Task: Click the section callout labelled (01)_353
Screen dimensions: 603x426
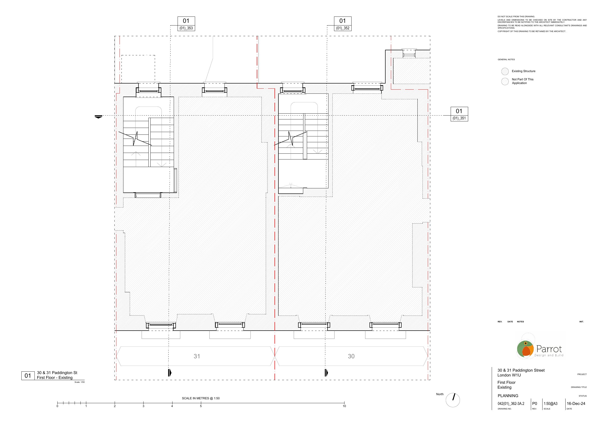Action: (x=186, y=24)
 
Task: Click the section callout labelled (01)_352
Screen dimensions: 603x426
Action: (x=343, y=24)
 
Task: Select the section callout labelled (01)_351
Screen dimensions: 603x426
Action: (x=459, y=114)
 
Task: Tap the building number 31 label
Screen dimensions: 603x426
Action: (x=197, y=356)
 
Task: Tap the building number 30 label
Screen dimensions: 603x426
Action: (x=351, y=356)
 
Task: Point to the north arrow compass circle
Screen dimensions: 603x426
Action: (x=453, y=400)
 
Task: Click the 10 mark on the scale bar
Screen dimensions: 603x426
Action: (x=344, y=406)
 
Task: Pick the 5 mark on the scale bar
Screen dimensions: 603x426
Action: (x=201, y=406)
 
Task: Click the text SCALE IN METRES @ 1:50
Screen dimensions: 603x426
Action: (x=201, y=398)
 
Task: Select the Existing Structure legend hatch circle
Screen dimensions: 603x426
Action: (x=505, y=71)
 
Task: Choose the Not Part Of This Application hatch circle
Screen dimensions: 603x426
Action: (x=505, y=81)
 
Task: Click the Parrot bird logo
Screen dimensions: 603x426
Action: (x=525, y=349)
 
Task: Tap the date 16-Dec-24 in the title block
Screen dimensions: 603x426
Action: (x=576, y=404)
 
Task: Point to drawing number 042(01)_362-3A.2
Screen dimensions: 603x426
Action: (x=511, y=404)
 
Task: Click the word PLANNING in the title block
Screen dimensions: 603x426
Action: (x=508, y=396)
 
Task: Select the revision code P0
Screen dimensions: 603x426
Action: (x=534, y=404)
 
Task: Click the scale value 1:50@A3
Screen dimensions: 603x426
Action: (x=551, y=404)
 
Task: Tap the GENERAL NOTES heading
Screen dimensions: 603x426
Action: (x=506, y=59)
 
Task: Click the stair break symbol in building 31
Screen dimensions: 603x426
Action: (x=135, y=138)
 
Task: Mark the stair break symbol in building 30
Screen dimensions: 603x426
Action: (x=291, y=138)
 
